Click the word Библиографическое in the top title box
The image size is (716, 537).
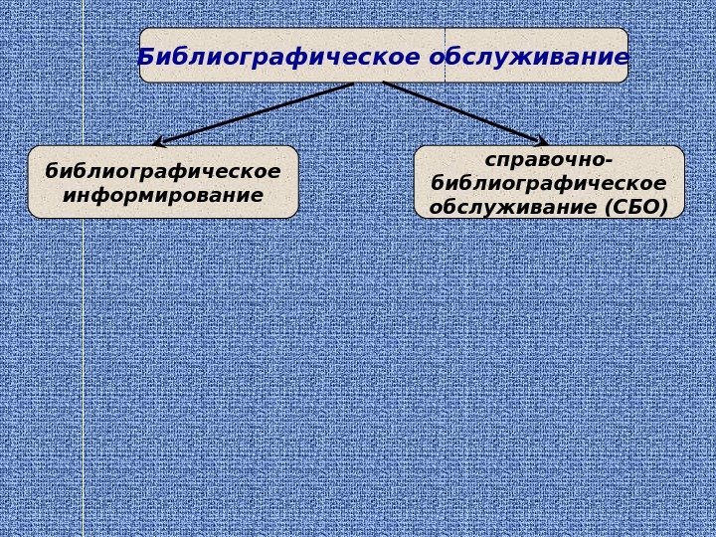point(278,57)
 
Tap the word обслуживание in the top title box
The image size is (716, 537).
point(530,57)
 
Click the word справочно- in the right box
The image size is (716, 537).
point(549,159)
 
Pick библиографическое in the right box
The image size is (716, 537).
point(549,183)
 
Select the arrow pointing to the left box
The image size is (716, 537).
point(255,113)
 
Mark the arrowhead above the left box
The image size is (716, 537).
point(159,142)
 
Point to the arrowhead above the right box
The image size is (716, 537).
point(542,141)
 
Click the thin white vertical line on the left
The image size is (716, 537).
point(83,348)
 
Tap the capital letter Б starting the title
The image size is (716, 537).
point(145,58)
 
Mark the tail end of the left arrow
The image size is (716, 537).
point(352,85)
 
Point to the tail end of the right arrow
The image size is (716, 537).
point(385,84)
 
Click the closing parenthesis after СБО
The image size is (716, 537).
point(664,207)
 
